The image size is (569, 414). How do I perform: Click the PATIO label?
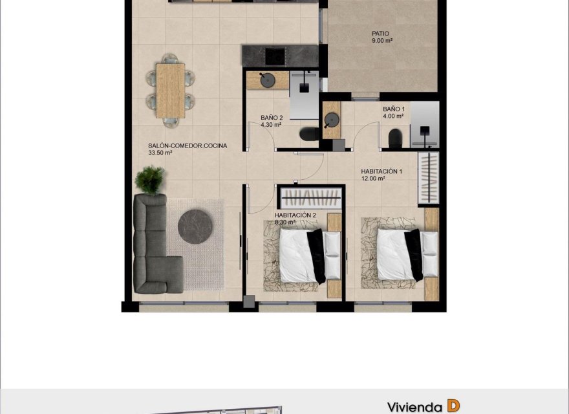pyautogui.click(x=380, y=34)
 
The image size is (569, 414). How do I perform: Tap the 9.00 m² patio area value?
pyautogui.click(x=382, y=41)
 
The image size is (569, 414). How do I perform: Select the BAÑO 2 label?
pyautogui.click(x=272, y=118)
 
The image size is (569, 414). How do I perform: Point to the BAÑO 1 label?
pyautogui.click(x=394, y=109)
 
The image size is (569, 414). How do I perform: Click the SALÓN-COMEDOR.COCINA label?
pyautogui.click(x=188, y=146)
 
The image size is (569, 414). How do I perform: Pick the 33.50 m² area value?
pyautogui.click(x=160, y=153)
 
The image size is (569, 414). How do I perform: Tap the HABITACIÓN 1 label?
pyautogui.click(x=381, y=171)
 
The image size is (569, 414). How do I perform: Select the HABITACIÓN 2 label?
pyautogui.click(x=295, y=215)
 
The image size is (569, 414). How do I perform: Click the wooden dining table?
pyautogui.click(x=171, y=90)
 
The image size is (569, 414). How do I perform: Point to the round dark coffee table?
pyautogui.click(x=195, y=226)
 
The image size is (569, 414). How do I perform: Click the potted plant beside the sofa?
pyautogui.click(x=151, y=179)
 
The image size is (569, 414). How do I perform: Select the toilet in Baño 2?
pyautogui.click(x=309, y=135)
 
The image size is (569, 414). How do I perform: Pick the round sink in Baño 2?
pyautogui.click(x=267, y=80)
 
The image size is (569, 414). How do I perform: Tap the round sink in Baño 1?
pyautogui.click(x=332, y=120)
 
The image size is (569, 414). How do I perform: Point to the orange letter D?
pyautogui.click(x=453, y=406)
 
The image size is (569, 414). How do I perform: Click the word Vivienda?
pyautogui.click(x=414, y=407)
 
